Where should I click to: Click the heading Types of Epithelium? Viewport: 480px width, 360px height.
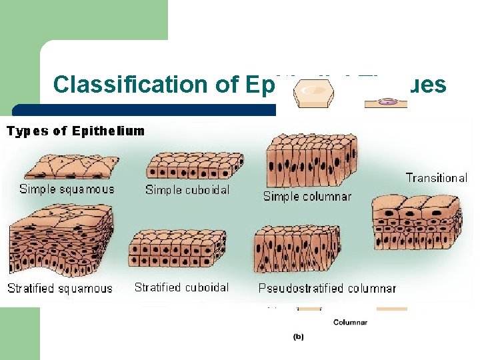pyautogui.click(x=75, y=131)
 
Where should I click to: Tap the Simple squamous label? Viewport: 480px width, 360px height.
pyautogui.click(x=67, y=189)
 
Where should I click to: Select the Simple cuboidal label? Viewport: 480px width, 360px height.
pyautogui.click(x=187, y=190)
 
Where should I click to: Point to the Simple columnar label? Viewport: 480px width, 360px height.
pyautogui.click(x=307, y=196)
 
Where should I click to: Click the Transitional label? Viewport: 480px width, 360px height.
pyautogui.click(x=437, y=178)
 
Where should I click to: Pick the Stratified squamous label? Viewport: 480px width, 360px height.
pyautogui.click(x=60, y=289)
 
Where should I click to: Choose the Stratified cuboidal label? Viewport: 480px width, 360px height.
pyautogui.click(x=181, y=287)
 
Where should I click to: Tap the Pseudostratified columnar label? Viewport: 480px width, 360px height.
pyautogui.click(x=327, y=289)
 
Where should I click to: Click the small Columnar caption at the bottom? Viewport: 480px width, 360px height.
pyautogui.click(x=351, y=323)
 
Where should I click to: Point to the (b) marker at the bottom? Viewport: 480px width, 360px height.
pyautogui.click(x=299, y=337)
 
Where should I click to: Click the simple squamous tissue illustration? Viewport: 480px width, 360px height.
pyautogui.click(x=70, y=164)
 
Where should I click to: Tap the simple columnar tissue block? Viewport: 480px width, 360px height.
pyautogui.click(x=311, y=161)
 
